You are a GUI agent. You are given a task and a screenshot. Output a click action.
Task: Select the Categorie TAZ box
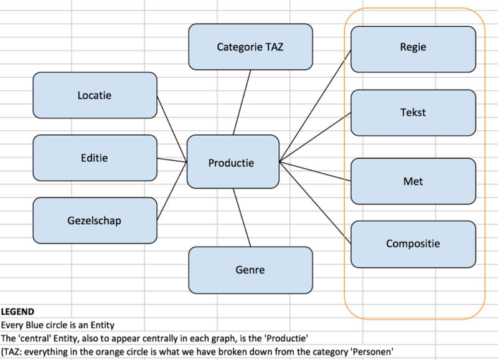point(250,46)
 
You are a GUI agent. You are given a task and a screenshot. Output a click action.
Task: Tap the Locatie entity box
point(95,95)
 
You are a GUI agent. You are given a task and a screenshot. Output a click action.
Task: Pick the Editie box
point(95,158)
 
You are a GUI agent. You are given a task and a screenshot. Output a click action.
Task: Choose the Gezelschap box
point(95,220)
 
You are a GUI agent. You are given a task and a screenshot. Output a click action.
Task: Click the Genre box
point(250,270)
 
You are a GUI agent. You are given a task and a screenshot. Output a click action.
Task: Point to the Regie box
point(413,47)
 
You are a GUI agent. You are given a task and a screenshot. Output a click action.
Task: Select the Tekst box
point(413,113)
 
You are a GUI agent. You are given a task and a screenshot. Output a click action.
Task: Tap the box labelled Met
point(413,181)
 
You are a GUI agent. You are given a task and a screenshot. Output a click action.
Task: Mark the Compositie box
point(413,244)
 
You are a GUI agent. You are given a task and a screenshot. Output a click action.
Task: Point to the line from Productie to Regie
point(316,104)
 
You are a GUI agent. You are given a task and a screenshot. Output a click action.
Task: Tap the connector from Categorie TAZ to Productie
point(242,102)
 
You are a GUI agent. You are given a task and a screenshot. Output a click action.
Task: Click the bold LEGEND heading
point(17,311)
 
